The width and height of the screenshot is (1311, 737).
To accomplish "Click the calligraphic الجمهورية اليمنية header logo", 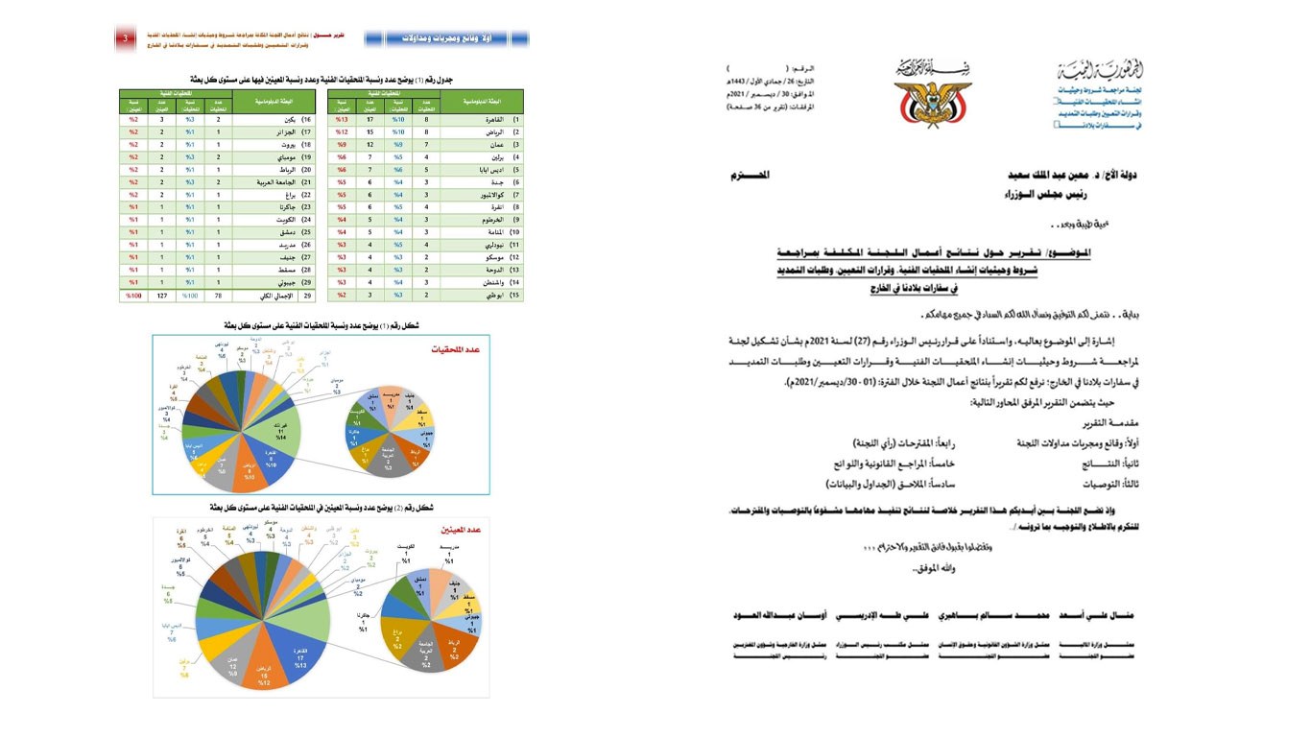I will pos(1097,73).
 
